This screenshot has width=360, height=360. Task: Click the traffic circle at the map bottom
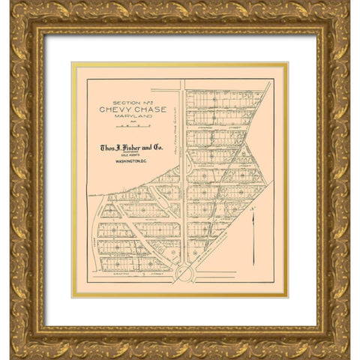coord(184,273)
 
